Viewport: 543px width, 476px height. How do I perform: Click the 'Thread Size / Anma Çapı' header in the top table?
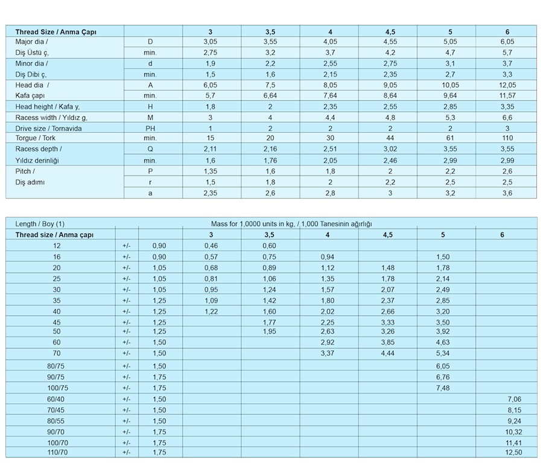tap(56, 31)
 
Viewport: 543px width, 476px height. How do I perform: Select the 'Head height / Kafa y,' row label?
tap(48, 107)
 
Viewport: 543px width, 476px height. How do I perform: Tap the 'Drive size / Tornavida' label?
tap(48, 129)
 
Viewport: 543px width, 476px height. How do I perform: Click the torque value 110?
tap(507, 138)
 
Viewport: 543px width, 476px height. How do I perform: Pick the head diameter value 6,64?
tap(270, 95)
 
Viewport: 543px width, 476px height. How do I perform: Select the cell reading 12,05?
tap(507, 85)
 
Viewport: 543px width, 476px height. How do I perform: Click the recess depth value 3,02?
tap(390, 149)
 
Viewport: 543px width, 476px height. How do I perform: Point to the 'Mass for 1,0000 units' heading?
tap(296, 224)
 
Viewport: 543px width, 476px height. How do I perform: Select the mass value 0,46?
tap(211, 246)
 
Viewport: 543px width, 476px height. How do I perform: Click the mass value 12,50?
tap(513, 452)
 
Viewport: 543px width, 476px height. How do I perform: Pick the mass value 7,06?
tap(514, 399)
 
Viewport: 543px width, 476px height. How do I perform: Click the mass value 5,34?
tap(443, 354)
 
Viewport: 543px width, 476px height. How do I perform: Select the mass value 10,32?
tap(513, 432)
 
